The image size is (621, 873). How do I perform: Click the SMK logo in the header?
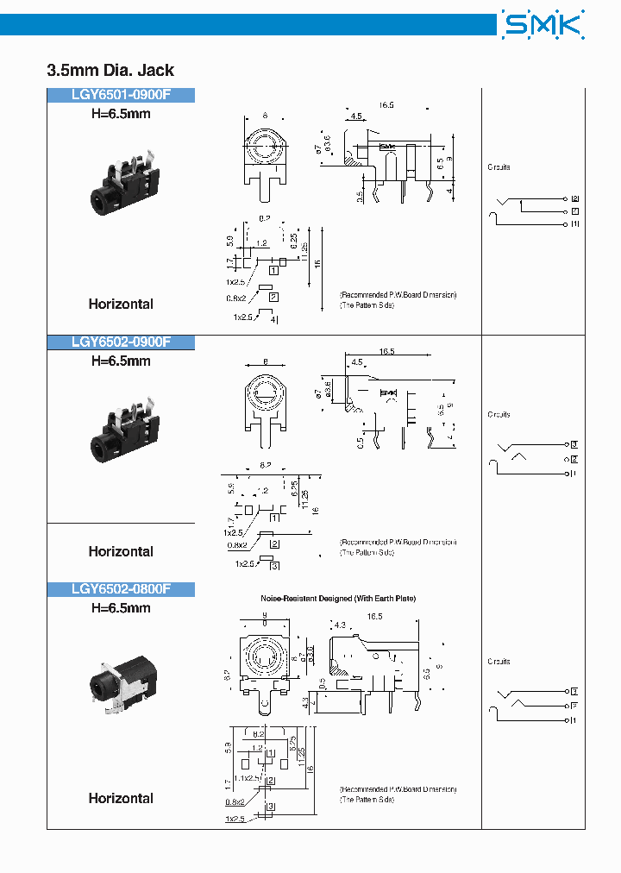coord(543,24)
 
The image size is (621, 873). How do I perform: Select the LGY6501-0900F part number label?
coord(121,96)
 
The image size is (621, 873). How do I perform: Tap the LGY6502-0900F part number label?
coord(121,342)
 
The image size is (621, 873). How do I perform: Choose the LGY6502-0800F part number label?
coord(121,589)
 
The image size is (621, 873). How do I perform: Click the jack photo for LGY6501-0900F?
coord(120,189)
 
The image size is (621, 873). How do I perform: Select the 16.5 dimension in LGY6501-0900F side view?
coord(386,105)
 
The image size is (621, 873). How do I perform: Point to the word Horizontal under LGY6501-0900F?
coord(121,304)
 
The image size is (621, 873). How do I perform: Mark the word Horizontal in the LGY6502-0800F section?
coord(121,798)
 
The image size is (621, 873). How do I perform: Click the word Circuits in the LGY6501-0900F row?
coord(499,167)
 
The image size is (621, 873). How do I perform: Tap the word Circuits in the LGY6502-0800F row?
coord(499,662)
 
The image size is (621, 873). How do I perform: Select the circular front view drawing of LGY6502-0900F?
coord(265,393)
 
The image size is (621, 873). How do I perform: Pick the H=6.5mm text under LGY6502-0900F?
coord(121,361)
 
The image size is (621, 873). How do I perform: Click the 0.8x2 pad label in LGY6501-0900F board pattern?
coord(235,298)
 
